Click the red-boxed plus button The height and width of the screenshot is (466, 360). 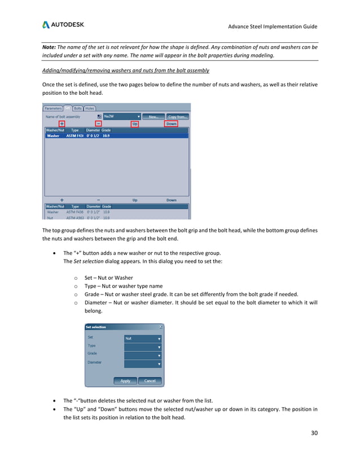tap(62, 124)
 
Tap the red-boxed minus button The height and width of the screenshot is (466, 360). tap(98, 124)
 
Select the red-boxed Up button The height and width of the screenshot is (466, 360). tap(134, 124)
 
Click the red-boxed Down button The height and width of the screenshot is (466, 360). tap(172, 124)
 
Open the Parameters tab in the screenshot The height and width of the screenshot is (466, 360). tap(53, 108)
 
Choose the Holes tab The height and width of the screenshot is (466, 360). tap(90, 108)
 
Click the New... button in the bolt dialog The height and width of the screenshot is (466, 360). tap(152, 116)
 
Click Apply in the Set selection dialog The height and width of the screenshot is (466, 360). tap(125, 381)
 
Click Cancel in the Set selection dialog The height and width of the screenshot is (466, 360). tap(150, 381)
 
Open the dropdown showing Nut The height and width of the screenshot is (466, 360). tap(143, 338)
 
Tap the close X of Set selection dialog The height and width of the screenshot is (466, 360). tap(161, 327)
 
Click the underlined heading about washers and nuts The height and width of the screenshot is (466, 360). tap(125, 70)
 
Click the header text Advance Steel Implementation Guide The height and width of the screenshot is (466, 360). tap(272, 27)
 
